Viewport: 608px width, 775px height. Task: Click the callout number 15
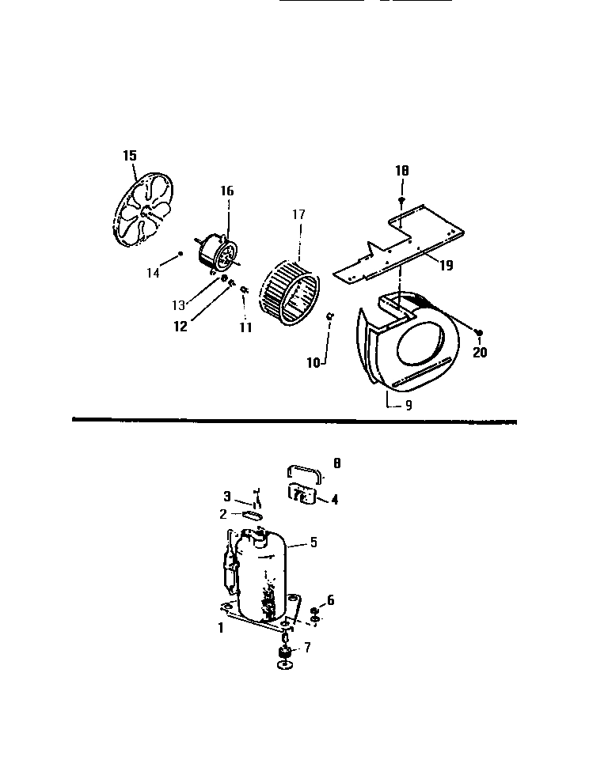point(130,155)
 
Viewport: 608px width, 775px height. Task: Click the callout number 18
point(402,171)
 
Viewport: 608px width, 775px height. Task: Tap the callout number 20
point(480,353)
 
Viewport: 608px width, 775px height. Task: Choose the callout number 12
point(181,327)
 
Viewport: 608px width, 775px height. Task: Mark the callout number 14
point(153,273)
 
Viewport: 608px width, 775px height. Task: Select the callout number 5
point(313,542)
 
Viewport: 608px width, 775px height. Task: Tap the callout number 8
point(338,465)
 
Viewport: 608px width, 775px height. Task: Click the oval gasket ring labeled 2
point(252,514)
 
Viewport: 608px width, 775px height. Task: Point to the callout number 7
point(307,648)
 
